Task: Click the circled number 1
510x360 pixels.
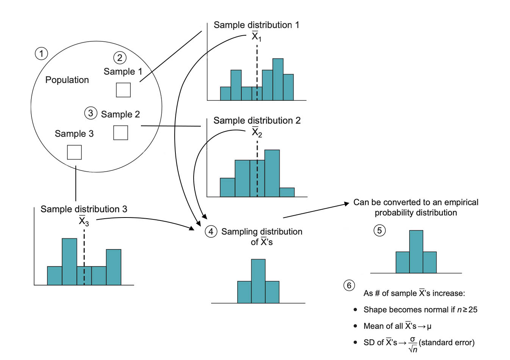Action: pos(41,53)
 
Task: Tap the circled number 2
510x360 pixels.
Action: pos(120,58)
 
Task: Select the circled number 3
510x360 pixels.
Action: pos(91,113)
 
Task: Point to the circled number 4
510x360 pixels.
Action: pos(211,232)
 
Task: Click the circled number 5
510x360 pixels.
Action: pos(379,230)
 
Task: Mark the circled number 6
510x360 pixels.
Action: pos(349,285)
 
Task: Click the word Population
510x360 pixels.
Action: pos(67,80)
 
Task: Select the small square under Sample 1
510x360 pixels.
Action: pos(123,90)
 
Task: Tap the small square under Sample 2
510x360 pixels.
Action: pos(120,133)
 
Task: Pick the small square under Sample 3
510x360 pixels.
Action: pos(74,152)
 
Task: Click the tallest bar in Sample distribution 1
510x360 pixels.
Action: pos(278,80)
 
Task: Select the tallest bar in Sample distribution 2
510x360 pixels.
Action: pos(272,173)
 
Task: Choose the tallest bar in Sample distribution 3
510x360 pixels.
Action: pos(69,261)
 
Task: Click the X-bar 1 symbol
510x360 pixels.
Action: pos(257,37)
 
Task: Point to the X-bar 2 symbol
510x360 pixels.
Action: pos(257,132)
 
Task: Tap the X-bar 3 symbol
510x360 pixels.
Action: pos(84,221)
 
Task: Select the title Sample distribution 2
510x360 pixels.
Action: pos(257,121)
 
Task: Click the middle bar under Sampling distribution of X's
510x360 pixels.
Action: pos(258,281)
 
